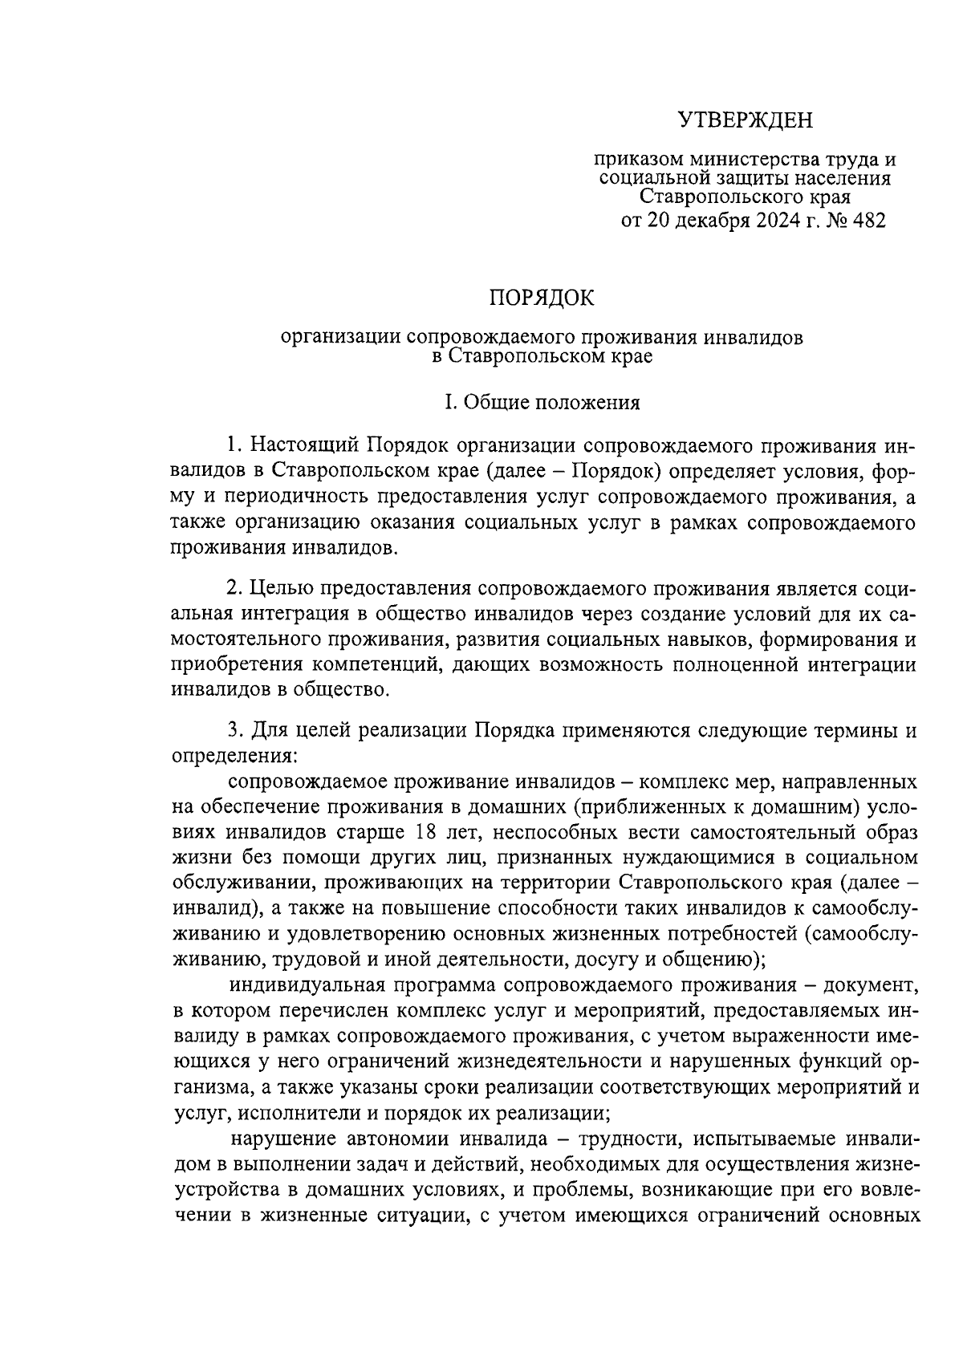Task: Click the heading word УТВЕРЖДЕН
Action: click(746, 120)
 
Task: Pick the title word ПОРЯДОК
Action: click(542, 298)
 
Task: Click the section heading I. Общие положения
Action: click(542, 403)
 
